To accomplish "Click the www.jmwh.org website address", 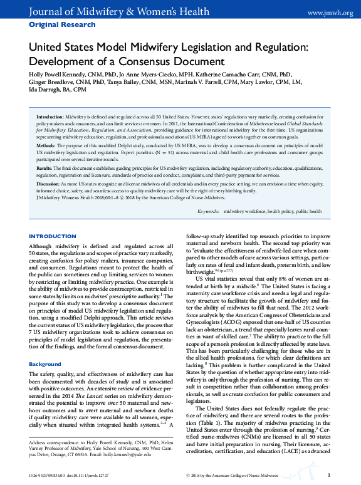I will click(330, 12).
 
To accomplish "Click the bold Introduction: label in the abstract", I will click(50, 117).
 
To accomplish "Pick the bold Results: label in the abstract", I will click(44, 169).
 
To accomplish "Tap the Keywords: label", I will click(211, 212).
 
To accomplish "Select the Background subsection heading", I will click(44, 363).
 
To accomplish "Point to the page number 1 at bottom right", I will click(328, 476).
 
